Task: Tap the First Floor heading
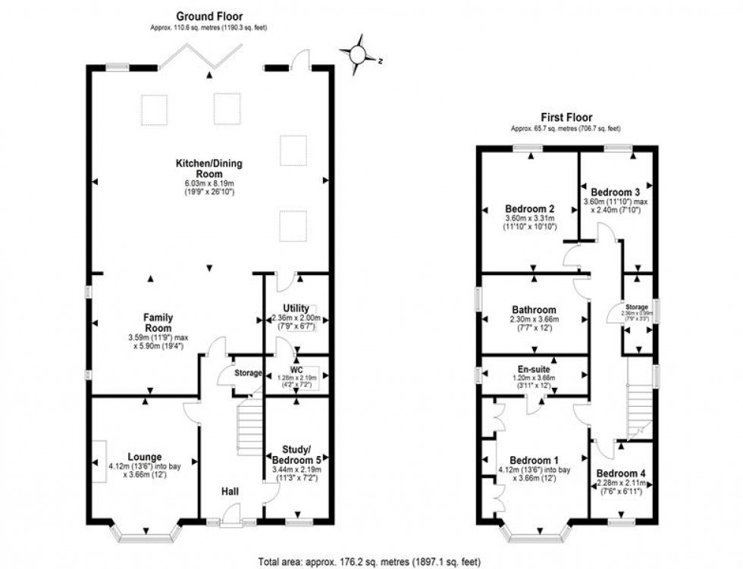[x=566, y=117]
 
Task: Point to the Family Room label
[x=159, y=322]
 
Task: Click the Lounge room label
[x=144, y=457]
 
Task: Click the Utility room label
[x=296, y=308]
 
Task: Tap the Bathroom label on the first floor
[x=534, y=310]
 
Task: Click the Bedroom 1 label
[x=534, y=461]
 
